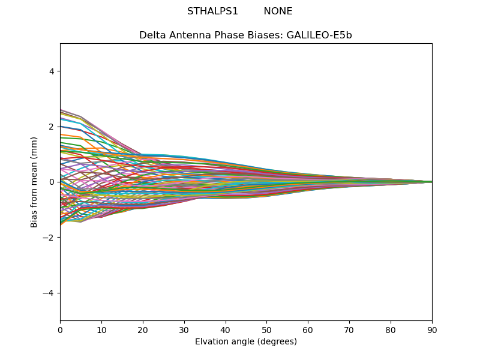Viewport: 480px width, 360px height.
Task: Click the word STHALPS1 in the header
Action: tap(212, 11)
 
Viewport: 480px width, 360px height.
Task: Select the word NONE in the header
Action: tap(278, 11)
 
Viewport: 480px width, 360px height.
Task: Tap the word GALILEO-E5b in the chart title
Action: tap(319, 35)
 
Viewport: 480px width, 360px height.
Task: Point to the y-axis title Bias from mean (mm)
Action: tap(34, 182)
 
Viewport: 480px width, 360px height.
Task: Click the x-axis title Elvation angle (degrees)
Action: tap(246, 342)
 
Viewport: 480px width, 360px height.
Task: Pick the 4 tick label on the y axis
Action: tap(52, 71)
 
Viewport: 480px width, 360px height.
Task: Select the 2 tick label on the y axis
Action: tap(52, 127)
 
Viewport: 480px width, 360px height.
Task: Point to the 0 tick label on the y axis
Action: tap(52, 182)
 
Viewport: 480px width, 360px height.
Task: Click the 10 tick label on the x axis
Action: tap(101, 329)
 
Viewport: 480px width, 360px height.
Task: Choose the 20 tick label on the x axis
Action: tap(143, 329)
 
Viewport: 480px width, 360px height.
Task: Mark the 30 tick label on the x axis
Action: tap(184, 329)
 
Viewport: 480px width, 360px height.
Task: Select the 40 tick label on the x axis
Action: tap(226, 329)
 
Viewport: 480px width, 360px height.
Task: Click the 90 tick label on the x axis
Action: tap(432, 329)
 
